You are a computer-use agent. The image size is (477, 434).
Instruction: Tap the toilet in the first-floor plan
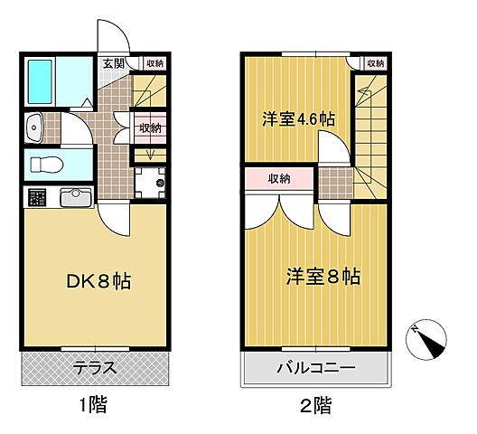click(45, 165)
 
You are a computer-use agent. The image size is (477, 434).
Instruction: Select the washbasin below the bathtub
click(39, 129)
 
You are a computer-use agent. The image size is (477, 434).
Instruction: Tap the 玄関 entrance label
click(114, 64)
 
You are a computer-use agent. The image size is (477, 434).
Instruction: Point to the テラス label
click(94, 367)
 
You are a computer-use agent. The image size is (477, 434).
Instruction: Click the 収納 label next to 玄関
click(153, 63)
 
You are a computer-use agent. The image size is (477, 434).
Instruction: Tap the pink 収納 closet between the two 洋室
click(279, 178)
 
